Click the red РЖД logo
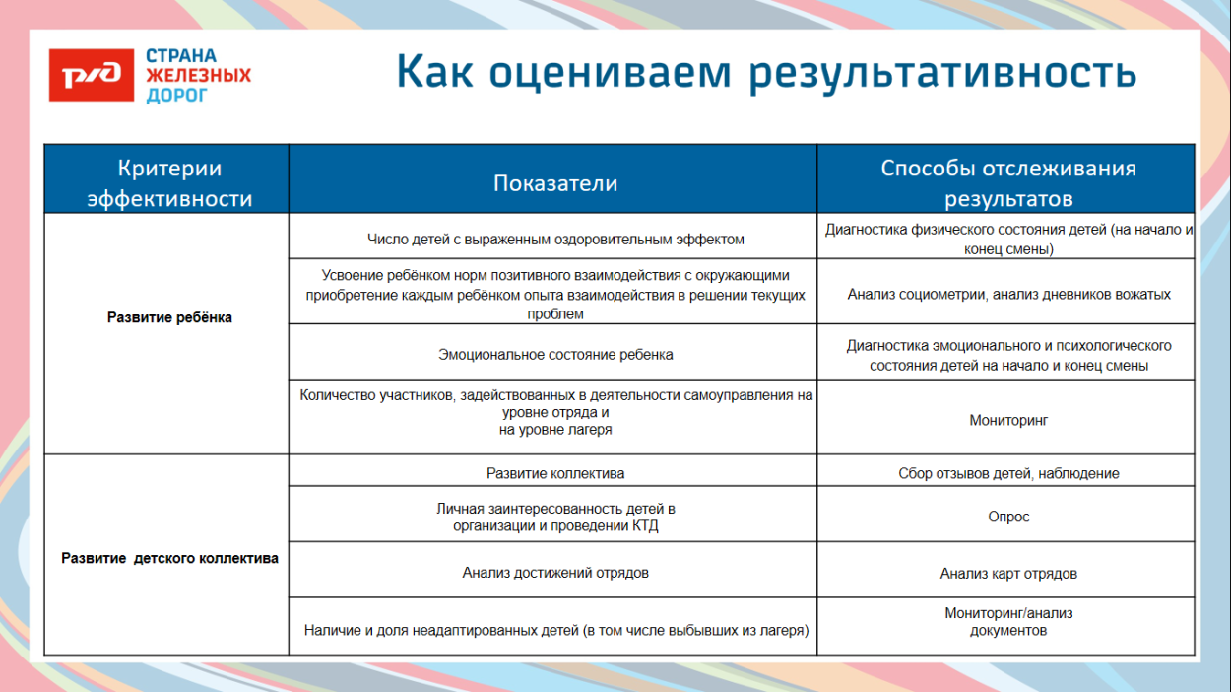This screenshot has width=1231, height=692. coord(91,75)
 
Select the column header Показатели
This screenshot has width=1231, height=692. coord(555,183)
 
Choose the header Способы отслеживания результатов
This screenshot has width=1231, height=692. coord(1008,183)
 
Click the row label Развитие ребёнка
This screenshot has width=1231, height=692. coord(169,318)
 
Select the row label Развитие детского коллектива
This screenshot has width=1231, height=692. coord(169,558)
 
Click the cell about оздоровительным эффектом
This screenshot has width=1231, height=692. coord(555,239)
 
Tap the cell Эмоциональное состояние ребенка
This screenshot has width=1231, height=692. coord(555,354)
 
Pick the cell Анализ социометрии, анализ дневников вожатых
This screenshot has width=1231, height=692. coord(1008,294)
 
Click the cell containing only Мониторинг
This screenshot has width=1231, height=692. coord(1008,420)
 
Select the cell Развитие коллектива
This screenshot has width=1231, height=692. coord(555,473)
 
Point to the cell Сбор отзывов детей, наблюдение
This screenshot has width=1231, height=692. coord(1008,473)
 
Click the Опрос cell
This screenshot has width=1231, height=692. coord(1008,517)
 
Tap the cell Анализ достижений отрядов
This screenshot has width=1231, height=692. coord(555,572)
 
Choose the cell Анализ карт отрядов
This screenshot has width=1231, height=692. coord(1008,573)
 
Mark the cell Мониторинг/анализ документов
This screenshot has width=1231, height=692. coord(1008,621)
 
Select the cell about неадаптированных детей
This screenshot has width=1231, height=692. coord(555,630)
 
